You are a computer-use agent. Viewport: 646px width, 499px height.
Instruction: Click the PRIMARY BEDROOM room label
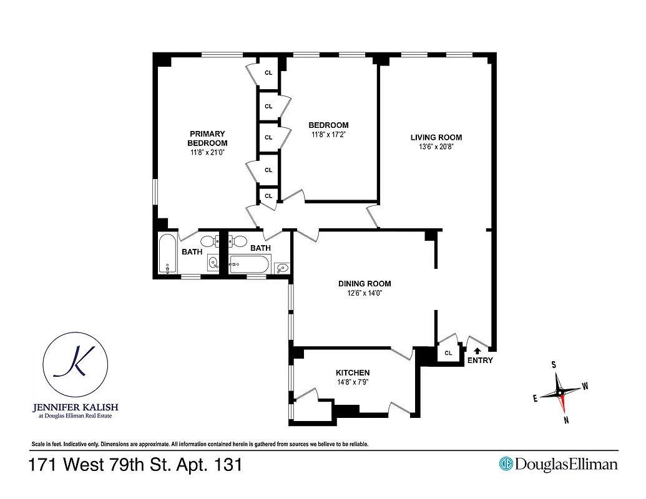point(207,138)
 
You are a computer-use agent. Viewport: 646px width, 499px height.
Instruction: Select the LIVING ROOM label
point(436,137)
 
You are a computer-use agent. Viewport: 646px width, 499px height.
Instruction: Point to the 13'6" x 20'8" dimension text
point(436,147)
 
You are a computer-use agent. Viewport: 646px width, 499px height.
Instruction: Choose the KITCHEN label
point(353,372)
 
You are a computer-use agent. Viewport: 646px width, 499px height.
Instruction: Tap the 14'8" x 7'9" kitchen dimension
point(353,382)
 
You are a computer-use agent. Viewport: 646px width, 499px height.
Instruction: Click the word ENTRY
point(479,361)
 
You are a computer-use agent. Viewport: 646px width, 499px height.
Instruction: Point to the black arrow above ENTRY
point(478,351)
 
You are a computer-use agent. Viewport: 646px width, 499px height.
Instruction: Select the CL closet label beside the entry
point(448,353)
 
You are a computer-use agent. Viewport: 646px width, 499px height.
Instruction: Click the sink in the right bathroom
point(281,268)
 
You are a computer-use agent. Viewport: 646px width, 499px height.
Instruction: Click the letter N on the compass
point(566,420)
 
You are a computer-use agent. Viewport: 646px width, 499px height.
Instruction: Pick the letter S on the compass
point(553,365)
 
